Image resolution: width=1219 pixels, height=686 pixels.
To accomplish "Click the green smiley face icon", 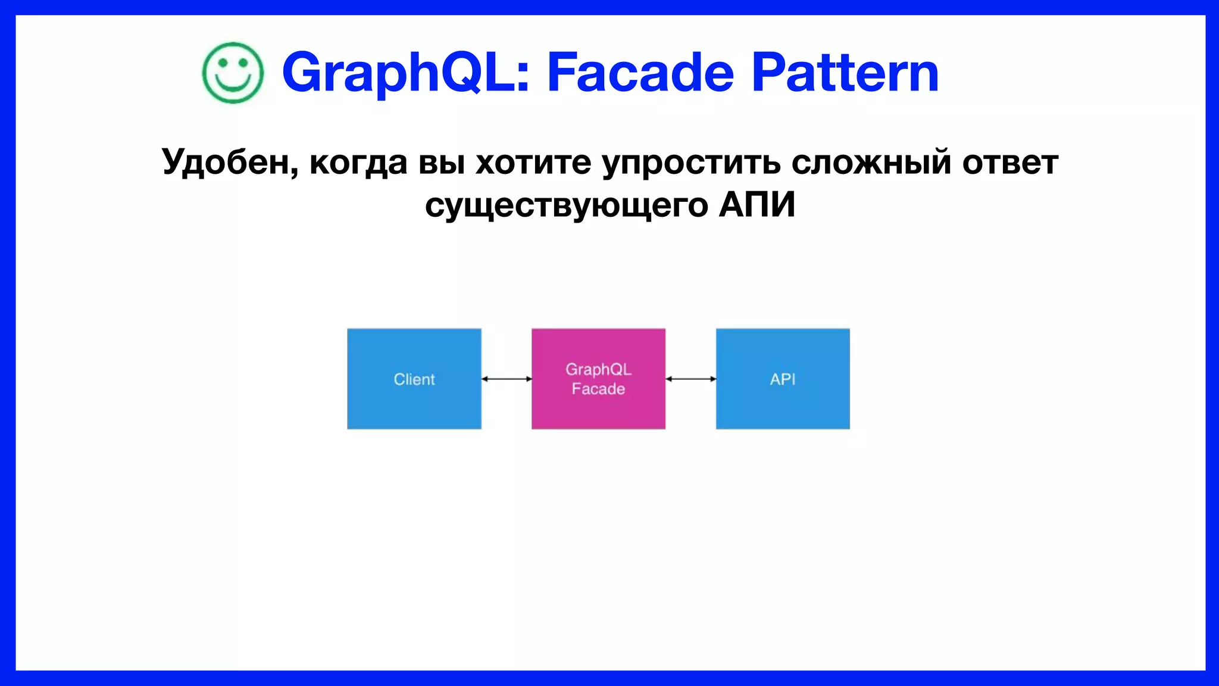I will [233, 73].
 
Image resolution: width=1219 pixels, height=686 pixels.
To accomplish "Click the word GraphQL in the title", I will [405, 73].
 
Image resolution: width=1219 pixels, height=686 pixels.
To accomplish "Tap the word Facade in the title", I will [640, 73].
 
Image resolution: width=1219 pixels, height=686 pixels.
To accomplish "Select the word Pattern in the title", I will [845, 73].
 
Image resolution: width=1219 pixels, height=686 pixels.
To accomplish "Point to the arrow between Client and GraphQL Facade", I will [507, 379].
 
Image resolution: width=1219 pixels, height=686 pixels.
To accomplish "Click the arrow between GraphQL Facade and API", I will [690, 379].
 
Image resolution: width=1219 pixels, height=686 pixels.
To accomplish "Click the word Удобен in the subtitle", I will [229, 162].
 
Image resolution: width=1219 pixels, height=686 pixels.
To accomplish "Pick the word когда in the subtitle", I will [358, 162].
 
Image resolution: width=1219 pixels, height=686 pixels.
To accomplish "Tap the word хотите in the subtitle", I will [533, 162].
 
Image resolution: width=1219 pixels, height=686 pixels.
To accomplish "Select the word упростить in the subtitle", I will [691, 162].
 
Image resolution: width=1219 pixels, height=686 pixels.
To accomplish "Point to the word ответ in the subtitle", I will [1010, 162].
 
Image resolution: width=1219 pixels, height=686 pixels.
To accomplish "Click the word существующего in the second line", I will [567, 205].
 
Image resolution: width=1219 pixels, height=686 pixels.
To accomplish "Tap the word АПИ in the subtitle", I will [757, 205].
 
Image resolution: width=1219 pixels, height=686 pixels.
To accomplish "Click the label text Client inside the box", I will [414, 379].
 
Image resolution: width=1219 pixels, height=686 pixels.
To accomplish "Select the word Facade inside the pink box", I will [598, 389].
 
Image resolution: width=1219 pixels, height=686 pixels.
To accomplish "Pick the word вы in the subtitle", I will [442, 162].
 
